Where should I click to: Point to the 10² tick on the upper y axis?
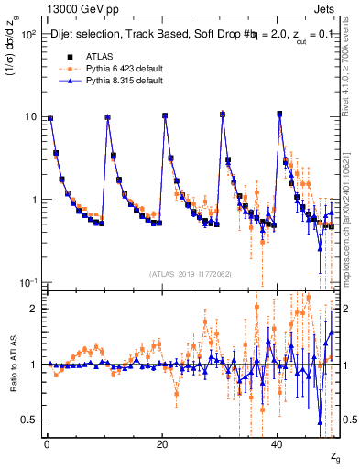coord(27,34)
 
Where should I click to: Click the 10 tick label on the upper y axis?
coord(29,116)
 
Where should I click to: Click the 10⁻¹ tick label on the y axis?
coord(27,281)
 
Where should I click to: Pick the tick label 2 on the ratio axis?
coord(33,309)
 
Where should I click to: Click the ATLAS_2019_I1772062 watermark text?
coord(191,273)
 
